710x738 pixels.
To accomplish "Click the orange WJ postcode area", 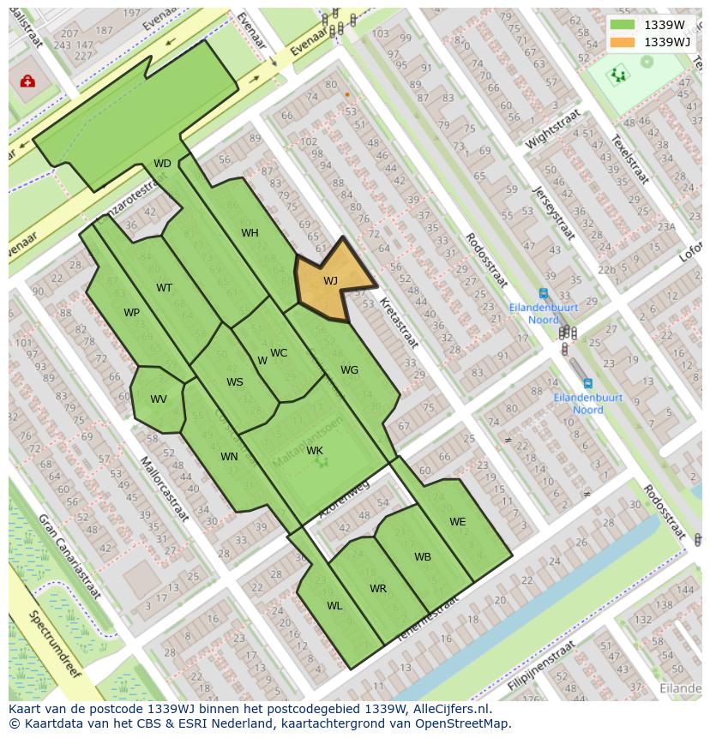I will (x=329, y=280).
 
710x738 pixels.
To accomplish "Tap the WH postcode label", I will (x=250, y=233).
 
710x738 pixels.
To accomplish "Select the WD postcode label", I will (x=162, y=164).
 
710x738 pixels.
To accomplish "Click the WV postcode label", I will (x=159, y=399).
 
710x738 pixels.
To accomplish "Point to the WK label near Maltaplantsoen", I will (x=315, y=451).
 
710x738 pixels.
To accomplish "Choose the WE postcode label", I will (x=458, y=522).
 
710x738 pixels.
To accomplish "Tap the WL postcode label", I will (x=334, y=606).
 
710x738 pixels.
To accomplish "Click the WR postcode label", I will (x=378, y=589).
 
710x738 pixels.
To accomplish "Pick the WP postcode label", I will (x=131, y=313).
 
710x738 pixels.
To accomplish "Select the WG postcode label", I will (x=349, y=370).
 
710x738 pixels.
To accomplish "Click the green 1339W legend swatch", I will (x=623, y=25).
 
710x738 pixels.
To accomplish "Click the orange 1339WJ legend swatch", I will (x=623, y=42).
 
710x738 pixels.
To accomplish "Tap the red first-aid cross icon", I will (x=27, y=81).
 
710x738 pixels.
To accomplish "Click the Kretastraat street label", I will (x=399, y=323).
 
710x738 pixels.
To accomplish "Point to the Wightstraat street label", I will (x=553, y=129).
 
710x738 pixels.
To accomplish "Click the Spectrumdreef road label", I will (x=54, y=643).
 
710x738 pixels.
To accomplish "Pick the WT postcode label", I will (x=164, y=288).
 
